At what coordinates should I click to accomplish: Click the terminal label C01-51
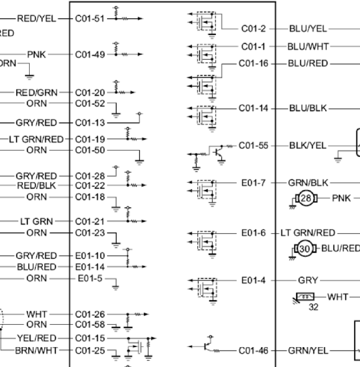90,19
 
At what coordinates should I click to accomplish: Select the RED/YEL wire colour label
36,19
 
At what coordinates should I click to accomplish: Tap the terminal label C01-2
254,29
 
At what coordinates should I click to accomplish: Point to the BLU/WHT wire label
308,47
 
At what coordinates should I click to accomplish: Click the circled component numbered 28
306,198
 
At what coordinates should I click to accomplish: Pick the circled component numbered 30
305,248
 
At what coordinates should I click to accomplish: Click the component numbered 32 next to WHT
305,297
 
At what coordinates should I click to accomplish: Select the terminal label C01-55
254,146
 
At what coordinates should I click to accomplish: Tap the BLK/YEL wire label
308,146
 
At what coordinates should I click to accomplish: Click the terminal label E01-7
254,183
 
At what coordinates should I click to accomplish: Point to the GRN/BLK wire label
308,183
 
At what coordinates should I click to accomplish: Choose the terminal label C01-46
254,351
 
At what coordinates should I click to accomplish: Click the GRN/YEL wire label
308,351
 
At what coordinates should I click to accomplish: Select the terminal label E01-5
90,278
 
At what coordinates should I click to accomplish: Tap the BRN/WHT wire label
36,351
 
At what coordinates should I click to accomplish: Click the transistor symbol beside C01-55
219,152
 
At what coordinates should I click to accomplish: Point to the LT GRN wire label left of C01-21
36,221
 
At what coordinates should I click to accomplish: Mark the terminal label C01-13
90,123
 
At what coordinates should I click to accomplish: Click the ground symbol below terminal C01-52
116,115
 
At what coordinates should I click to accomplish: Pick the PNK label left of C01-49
36,54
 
